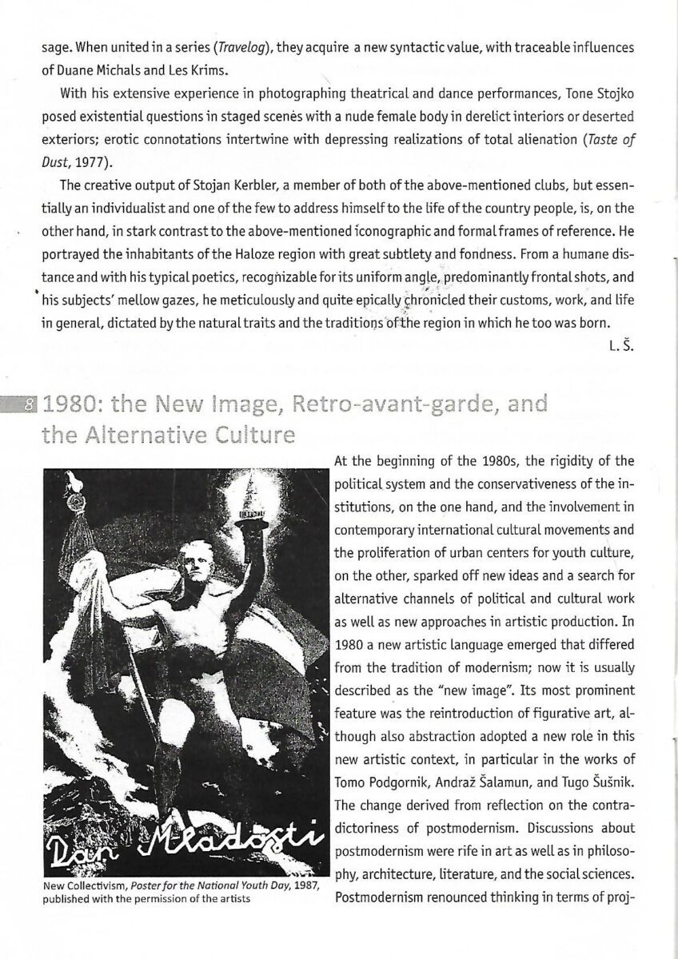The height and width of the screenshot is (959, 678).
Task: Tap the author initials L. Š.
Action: tap(620, 347)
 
